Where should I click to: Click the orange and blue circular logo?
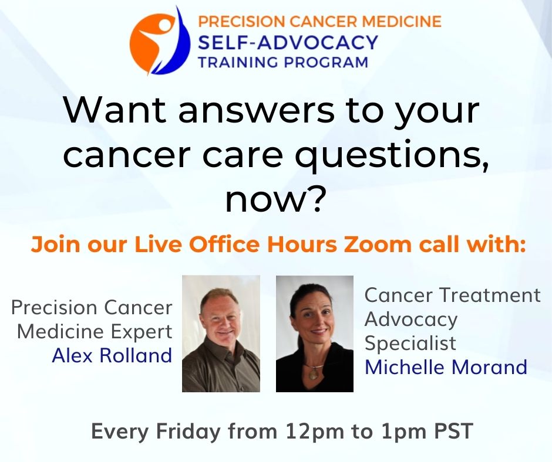[x=160, y=41]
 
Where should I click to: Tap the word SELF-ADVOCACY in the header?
[x=288, y=43]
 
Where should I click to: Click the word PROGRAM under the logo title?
[x=326, y=62]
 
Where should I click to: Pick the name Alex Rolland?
[x=112, y=355]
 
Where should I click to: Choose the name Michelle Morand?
[x=446, y=367]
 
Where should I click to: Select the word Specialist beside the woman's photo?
[x=410, y=343]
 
